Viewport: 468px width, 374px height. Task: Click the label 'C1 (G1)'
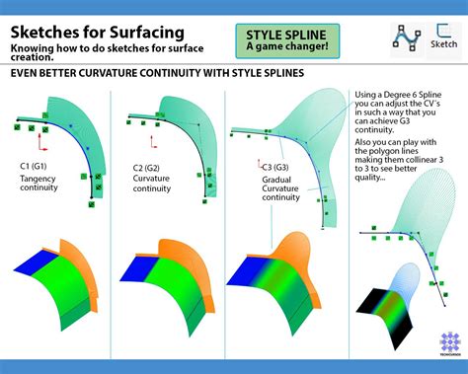click(x=37, y=167)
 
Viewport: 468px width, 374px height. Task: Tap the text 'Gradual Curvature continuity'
click(x=287, y=189)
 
